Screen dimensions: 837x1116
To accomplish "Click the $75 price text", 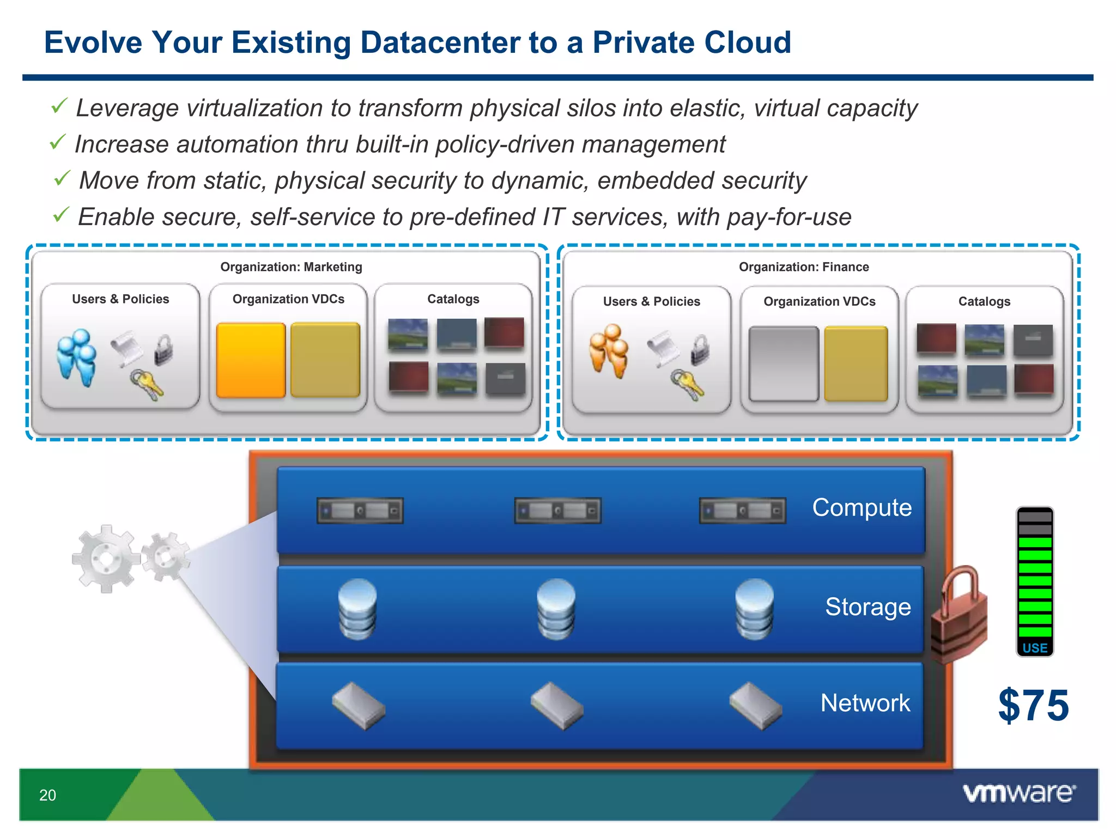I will coord(1033,705).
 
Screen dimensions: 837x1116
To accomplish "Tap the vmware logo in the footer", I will coord(1019,793).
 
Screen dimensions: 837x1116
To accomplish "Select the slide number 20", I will coord(47,795).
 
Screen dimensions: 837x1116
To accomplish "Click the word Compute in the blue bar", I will coord(862,507).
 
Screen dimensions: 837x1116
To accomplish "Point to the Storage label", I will coord(868,606).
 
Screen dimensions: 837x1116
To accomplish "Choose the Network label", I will coord(865,703).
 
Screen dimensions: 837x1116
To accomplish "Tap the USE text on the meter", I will coord(1034,648).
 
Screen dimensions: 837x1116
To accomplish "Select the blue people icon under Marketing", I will coord(77,357).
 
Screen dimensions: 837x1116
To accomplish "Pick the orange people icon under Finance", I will coord(609,350).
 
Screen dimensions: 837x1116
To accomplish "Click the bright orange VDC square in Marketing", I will coord(251,360).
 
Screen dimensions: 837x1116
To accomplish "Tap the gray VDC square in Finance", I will coord(783,363).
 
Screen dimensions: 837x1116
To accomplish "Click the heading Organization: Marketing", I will coord(291,267).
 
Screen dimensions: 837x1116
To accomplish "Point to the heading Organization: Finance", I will coord(803,267).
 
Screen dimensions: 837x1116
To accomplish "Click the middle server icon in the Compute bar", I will coord(557,511).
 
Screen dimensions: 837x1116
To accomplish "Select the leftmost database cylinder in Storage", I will coord(357,609).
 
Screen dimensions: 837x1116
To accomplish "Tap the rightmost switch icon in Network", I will coord(755,706).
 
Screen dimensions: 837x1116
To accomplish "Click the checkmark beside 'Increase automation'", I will coord(58,143).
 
